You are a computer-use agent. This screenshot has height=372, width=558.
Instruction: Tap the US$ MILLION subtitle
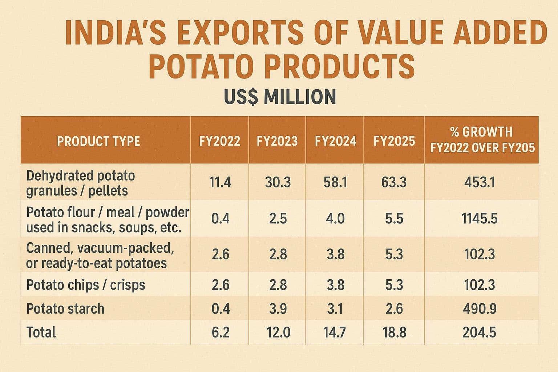click(280, 97)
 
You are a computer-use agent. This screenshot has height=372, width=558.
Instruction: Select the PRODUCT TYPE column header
click(98, 141)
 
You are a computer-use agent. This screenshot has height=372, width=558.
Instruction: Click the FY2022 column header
click(220, 141)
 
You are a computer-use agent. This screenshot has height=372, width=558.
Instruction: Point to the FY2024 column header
click(335, 141)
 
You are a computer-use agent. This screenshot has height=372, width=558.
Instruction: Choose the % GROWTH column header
click(482, 140)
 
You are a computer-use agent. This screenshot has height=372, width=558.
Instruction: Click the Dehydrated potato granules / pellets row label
click(80, 183)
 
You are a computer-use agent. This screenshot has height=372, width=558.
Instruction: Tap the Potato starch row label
click(65, 309)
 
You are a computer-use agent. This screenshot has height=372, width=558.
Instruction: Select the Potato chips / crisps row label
click(86, 285)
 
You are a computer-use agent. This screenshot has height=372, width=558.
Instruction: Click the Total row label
click(41, 332)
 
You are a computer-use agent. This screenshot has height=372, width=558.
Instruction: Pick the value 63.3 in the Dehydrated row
click(394, 182)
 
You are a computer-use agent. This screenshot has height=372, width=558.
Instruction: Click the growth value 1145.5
click(480, 219)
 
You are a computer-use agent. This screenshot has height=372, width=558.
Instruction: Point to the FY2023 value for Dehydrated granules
click(278, 182)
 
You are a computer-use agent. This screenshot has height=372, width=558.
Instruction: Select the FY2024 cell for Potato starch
click(335, 309)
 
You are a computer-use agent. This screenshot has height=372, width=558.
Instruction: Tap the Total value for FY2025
click(394, 332)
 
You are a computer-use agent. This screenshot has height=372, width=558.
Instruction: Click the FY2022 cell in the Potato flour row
click(220, 219)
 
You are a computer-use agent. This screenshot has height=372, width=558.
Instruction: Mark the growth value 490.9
click(480, 309)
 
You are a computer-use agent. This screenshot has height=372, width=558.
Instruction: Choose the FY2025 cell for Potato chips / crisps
click(394, 285)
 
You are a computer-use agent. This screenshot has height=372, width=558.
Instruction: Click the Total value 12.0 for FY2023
click(278, 332)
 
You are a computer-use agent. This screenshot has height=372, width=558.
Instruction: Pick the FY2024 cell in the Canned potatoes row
click(335, 254)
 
